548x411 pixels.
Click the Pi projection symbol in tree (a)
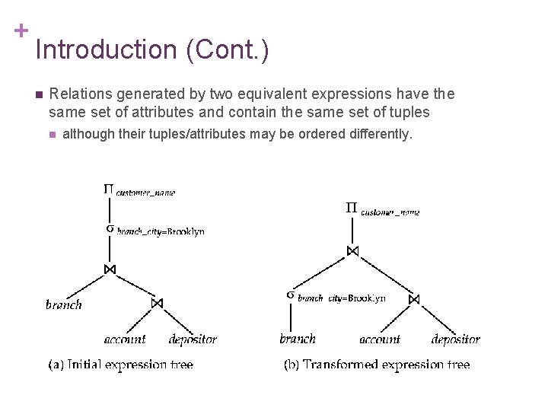pos(109,190)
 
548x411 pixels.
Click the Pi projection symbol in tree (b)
pos(352,207)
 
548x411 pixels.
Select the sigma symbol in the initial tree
pos(110,228)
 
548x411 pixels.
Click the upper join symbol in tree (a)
pos(110,269)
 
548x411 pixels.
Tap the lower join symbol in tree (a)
pos(157,303)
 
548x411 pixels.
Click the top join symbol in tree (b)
pos(352,250)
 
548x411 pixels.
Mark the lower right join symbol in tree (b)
pos(414,299)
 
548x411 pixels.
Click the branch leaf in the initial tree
pos(64,304)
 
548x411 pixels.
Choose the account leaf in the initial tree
pos(126,339)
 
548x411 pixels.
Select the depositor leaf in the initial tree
pos(193,339)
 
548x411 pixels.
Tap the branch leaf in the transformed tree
pos(298,339)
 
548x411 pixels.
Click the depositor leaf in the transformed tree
pos(455,339)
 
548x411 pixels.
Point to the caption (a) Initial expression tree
pos(121,365)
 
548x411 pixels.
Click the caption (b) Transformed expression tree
pos(377,365)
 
